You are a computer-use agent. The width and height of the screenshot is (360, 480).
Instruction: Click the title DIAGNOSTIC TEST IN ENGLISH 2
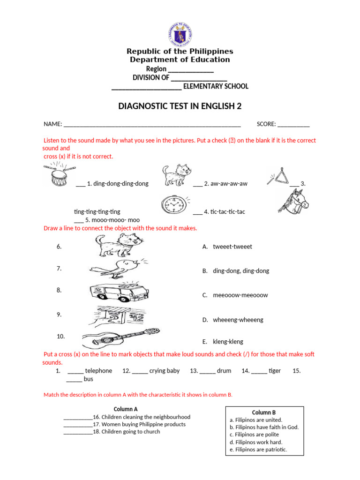[x=180, y=106]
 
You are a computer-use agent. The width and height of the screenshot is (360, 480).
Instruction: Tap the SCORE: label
[x=266, y=124]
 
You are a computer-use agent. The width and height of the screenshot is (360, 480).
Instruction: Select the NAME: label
[x=53, y=124]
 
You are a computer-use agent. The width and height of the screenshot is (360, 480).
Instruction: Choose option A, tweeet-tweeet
[x=232, y=247]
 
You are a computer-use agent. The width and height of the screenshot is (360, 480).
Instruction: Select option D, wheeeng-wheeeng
[x=237, y=320]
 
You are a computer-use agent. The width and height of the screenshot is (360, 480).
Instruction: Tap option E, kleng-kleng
[x=227, y=342]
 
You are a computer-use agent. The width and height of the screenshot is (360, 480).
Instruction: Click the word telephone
[x=98, y=371]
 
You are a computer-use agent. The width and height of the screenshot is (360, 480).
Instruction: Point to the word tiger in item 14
[x=275, y=371]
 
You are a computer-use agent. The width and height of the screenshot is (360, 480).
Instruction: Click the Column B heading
[x=264, y=412]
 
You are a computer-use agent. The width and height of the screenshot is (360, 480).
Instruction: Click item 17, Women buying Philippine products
[x=143, y=424]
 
